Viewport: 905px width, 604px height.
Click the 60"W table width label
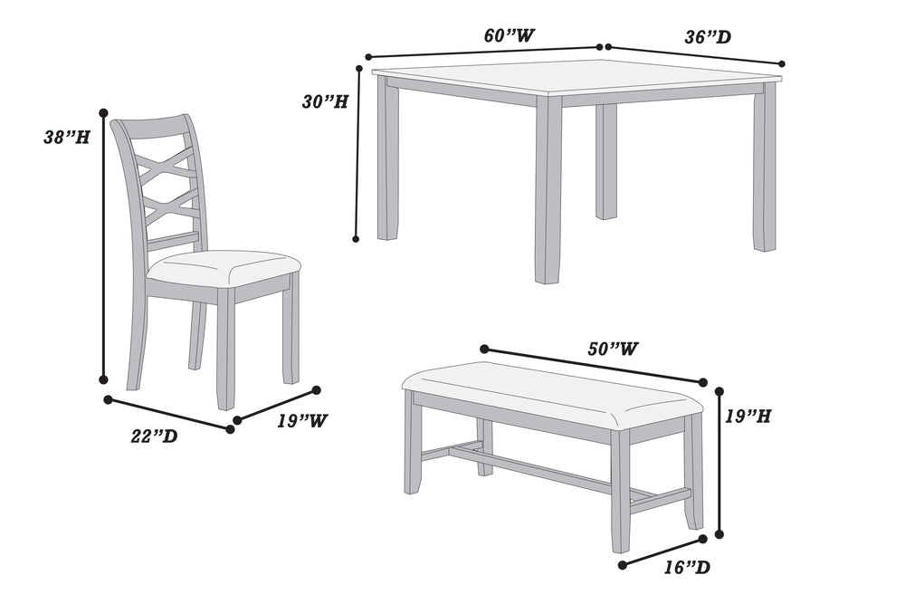pos(509,35)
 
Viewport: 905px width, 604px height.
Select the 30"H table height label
pos(325,101)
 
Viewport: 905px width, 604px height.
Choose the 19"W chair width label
pos(302,421)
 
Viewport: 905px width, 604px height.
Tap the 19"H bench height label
pos(748,417)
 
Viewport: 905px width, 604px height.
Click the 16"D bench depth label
pos(685,568)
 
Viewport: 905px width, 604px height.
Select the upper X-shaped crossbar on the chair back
pos(166,166)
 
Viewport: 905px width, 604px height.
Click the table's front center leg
pos(548,190)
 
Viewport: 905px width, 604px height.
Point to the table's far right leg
pos(765,168)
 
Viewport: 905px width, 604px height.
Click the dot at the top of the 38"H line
pos(103,113)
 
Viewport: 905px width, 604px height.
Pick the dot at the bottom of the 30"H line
pos(357,239)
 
